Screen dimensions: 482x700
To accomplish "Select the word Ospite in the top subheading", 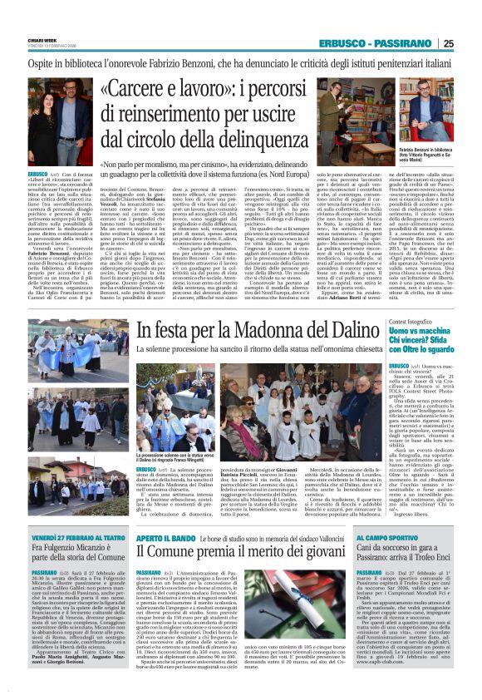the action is [x=47, y=65].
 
